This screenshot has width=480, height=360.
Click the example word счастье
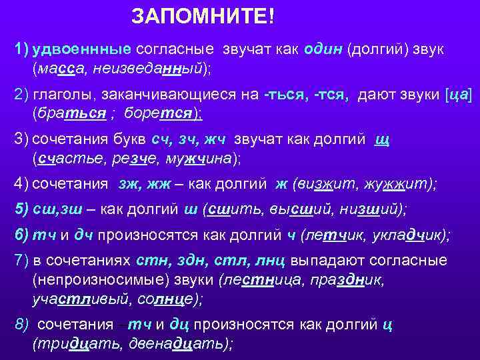coord(67,159)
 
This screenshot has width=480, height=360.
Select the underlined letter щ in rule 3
coord(382,141)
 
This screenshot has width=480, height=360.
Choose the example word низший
coord(367,209)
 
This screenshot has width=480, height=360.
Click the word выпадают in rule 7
coord(321,260)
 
